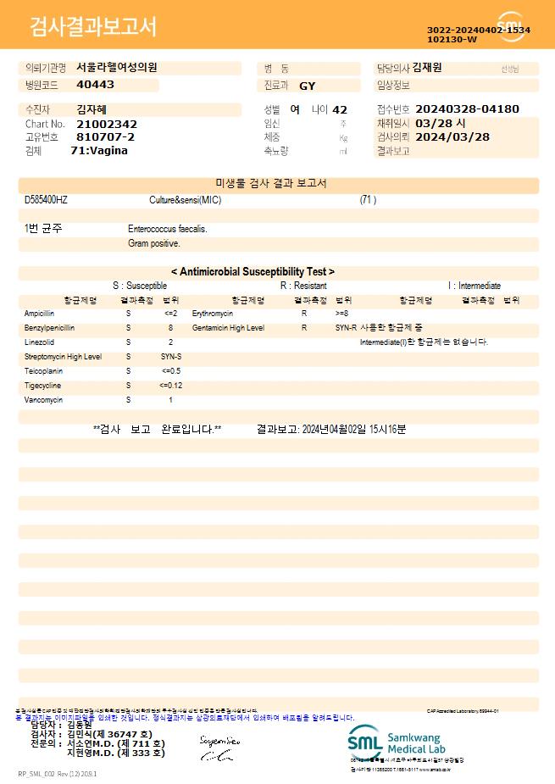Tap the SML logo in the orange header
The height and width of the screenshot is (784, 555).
coord(511,25)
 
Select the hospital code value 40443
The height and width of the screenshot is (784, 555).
coord(95,85)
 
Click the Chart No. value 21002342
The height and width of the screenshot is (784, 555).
coord(107,124)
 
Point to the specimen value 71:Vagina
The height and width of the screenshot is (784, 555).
coord(99,150)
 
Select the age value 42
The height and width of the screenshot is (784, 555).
coord(340,109)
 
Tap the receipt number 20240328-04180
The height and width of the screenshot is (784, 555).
coord(467,109)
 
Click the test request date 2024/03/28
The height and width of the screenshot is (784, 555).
coord(452,136)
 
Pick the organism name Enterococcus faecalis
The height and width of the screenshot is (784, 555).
coord(168,229)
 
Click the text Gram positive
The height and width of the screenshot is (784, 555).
coord(154,243)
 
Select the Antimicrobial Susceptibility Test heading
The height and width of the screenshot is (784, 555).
coord(253,272)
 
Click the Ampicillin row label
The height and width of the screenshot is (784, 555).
coord(42,314)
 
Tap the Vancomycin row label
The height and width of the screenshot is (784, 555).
coord(43,400)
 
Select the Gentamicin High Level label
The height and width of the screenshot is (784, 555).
coord(228,327)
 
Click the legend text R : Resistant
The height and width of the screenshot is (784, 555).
coord(303,286)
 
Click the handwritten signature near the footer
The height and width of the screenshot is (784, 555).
coord(219,748)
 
